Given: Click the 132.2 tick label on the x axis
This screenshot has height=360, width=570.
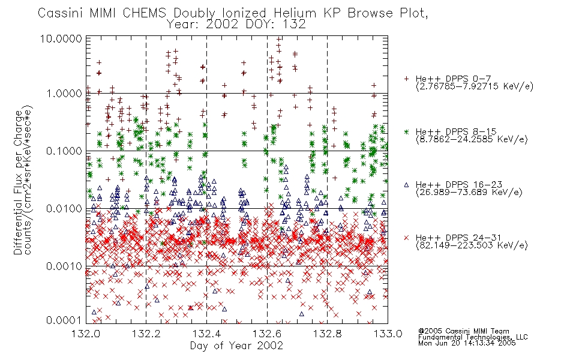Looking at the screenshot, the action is coord(146,334).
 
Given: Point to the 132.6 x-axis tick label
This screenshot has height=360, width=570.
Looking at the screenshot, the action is coord(267,334).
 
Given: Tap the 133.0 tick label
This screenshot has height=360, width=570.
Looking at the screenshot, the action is coord(388,334).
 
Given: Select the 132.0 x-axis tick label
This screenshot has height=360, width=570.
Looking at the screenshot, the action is coord(86,334).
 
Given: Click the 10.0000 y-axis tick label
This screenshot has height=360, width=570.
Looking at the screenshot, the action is coord(61,38).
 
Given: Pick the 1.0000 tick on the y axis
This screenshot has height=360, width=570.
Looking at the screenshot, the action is coord(64,94).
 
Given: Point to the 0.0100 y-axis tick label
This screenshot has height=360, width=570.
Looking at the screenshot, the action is coord(64,209).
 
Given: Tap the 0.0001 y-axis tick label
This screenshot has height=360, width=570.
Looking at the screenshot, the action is coord(64,320).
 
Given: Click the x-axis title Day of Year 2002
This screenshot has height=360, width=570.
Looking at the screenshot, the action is coord(236,346).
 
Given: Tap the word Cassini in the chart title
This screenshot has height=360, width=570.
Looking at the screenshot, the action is coord(61,13).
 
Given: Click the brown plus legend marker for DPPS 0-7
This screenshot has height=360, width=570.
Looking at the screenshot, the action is coord(407,79).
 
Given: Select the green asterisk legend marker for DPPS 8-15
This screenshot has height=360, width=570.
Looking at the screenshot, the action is coord(407,131).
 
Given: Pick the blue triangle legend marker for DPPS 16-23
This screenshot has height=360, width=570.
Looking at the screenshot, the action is coord(407,185).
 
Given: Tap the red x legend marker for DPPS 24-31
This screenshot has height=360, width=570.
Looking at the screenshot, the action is coord(407,238).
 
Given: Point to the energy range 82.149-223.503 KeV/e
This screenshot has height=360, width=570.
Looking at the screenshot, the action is coord(472,245).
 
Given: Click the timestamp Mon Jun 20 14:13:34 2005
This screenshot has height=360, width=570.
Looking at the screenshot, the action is coord(467,343).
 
